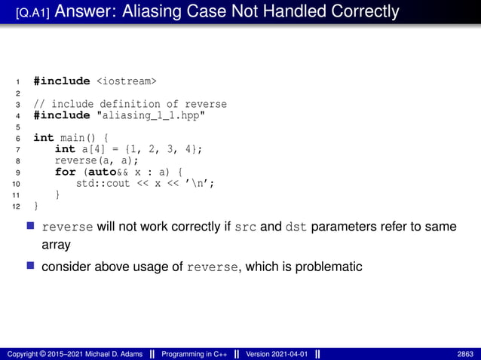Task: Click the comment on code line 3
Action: [x=130, y=103]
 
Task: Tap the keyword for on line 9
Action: [x=65, y=172]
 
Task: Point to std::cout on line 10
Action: [x=103, y=183]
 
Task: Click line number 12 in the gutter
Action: [x=19, y=206]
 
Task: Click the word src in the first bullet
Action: [x=246, y=227]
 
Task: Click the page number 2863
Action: [x=465, y=354]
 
